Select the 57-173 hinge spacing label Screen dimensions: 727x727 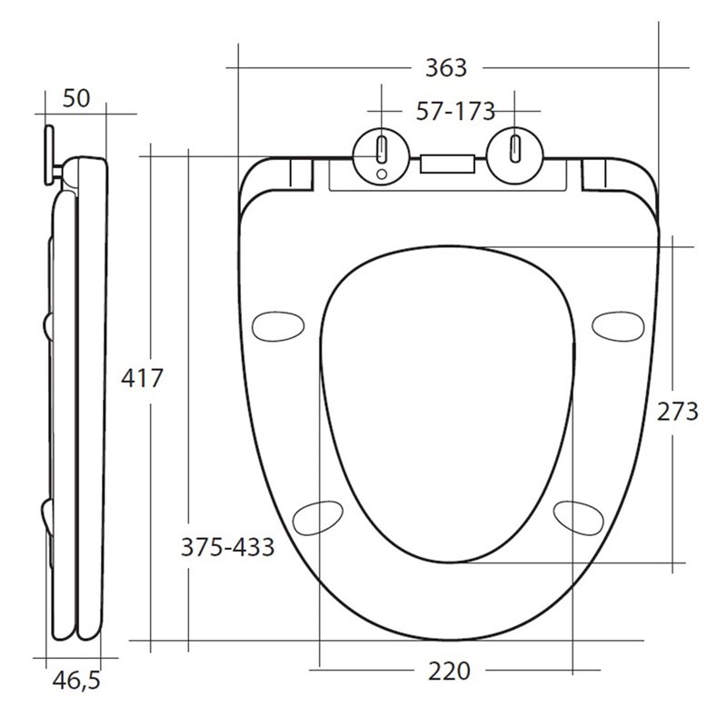pos(455,112)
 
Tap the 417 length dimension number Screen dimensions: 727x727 pos(142,377)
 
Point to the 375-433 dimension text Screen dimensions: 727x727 pos(227,547)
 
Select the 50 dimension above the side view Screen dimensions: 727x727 pos(76,98)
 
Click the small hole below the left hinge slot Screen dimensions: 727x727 pos(381,173)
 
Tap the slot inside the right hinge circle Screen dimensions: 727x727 pos(514,146)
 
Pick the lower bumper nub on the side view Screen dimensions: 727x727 pos(46,513)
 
